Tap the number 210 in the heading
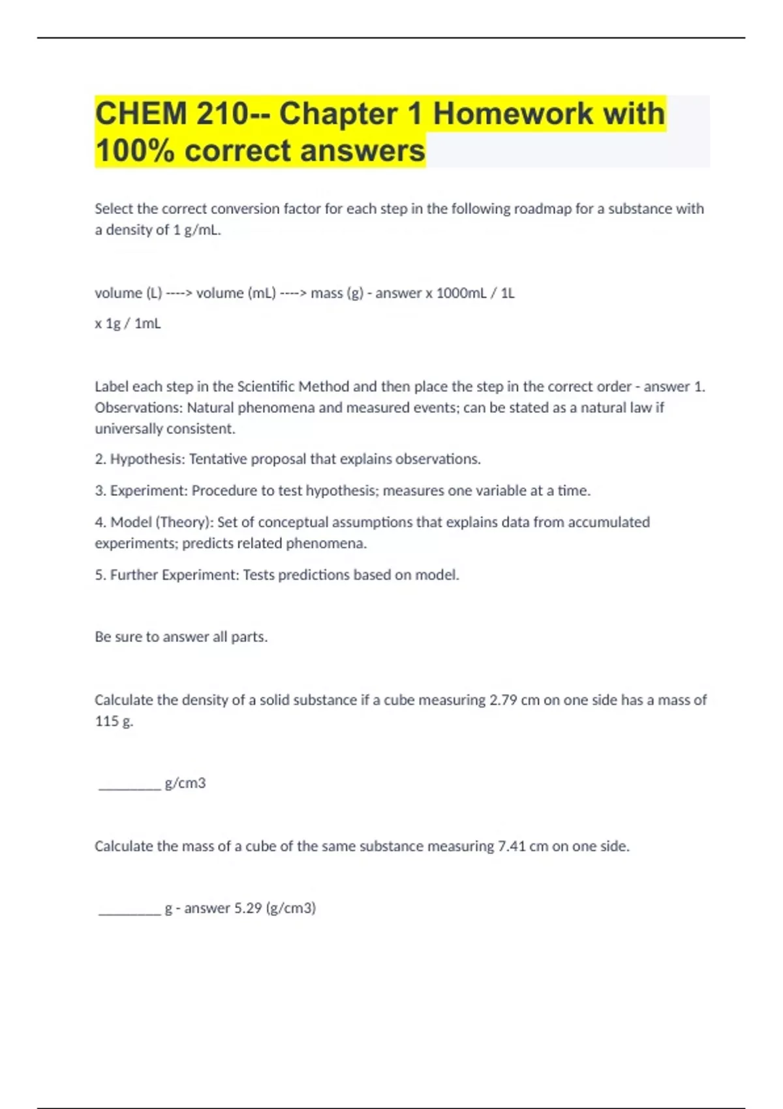(x=219, y=114)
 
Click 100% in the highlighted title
(x=135, y=151)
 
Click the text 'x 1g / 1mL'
(x=128, y=324)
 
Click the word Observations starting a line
(x=138, y=408)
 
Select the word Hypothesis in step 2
(x=147, y=459)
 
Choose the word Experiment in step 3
(x=147, y=491)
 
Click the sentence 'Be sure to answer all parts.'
(x=181, y=637)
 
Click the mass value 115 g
(x=114, y=721)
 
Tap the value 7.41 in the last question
(x=512, y=846)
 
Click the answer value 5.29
(x=248, y=908)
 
